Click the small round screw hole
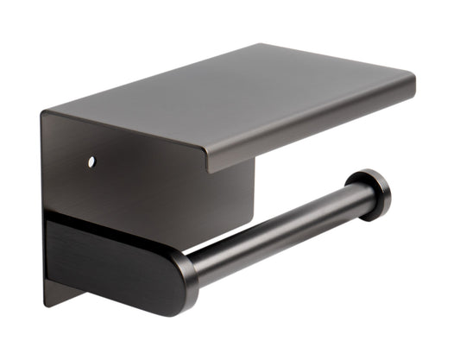coord(90,161)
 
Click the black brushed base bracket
coord(104,259)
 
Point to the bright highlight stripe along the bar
coord(276,218)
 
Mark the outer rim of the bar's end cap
coord(385,192)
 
